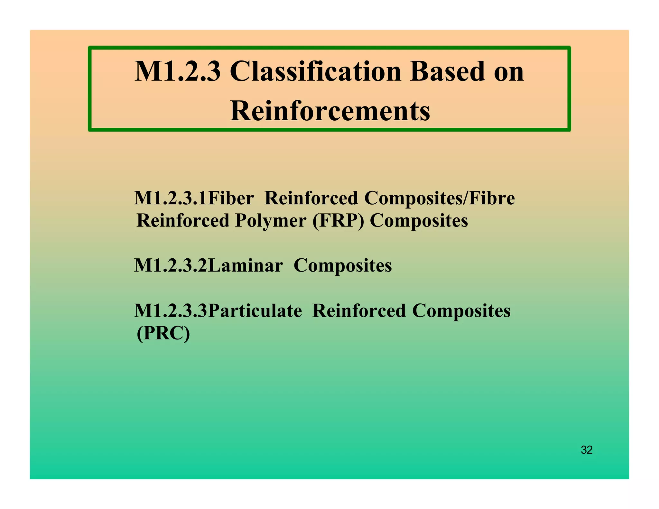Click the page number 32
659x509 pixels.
587,450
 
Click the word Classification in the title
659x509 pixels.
315,71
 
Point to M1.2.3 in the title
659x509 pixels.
178,71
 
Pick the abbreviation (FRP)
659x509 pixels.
338,221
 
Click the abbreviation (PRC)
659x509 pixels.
163,334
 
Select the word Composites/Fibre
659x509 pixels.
439,198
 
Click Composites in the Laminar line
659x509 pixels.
343,266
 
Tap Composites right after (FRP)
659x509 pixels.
419,221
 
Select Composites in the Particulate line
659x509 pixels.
461,311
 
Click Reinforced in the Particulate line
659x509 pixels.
359,311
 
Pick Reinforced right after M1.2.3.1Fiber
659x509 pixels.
311,198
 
